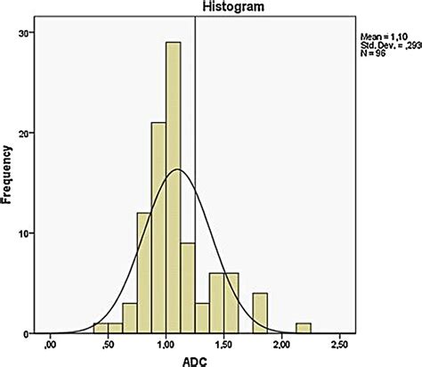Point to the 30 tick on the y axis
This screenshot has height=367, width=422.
pyautogui.click(x=28, y=33)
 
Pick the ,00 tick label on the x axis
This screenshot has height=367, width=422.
pyautogui.click(x=51, y=344)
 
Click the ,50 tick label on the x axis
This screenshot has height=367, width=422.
pyautogui.click(x=109, y=344)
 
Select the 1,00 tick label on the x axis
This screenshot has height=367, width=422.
pyautogui.click(x=166, y=344)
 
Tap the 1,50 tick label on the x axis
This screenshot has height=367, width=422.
pyautogui.click(x=224, y=344)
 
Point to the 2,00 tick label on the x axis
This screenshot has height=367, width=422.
pyautogui.click(x=282, y=344)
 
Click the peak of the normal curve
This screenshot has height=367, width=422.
pyautogui.click(x=178, y=169)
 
